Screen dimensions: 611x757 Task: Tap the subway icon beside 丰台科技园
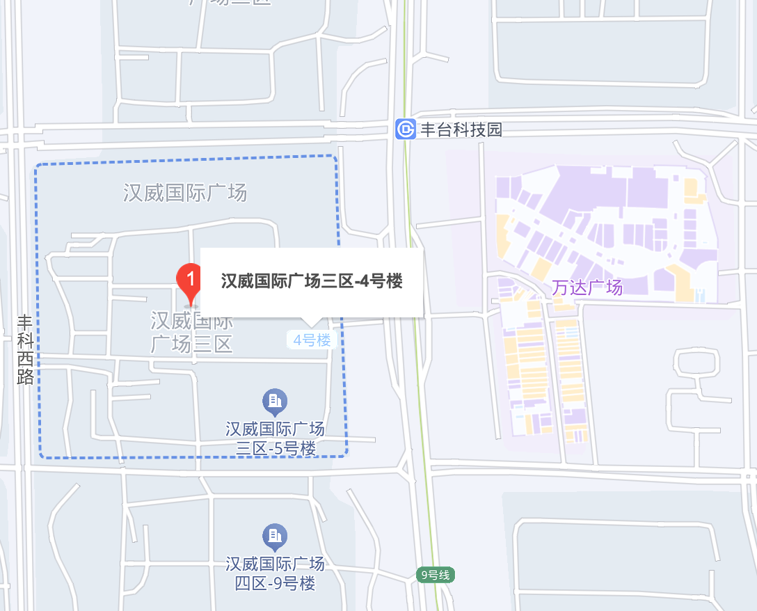(405, 129)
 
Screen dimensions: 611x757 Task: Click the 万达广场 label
(587, 287)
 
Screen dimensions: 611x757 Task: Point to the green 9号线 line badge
(436, 576)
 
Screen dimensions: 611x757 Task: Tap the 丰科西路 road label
(25, 349)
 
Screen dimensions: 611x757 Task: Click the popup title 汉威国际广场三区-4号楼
(312, 281)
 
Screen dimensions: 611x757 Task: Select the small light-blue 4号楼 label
(312, 340)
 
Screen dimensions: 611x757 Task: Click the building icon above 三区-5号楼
(275, 400)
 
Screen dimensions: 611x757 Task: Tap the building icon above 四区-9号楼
(275, 536)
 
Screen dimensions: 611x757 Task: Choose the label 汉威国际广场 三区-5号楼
(276, 439)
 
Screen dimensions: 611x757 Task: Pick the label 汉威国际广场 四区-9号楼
(276, 573)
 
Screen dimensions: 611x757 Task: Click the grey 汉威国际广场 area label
(185, 193)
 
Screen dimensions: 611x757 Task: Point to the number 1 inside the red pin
(189, 278)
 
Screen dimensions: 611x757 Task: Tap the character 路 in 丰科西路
(25, 376)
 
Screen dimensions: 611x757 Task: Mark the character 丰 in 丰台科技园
(428, 129)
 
